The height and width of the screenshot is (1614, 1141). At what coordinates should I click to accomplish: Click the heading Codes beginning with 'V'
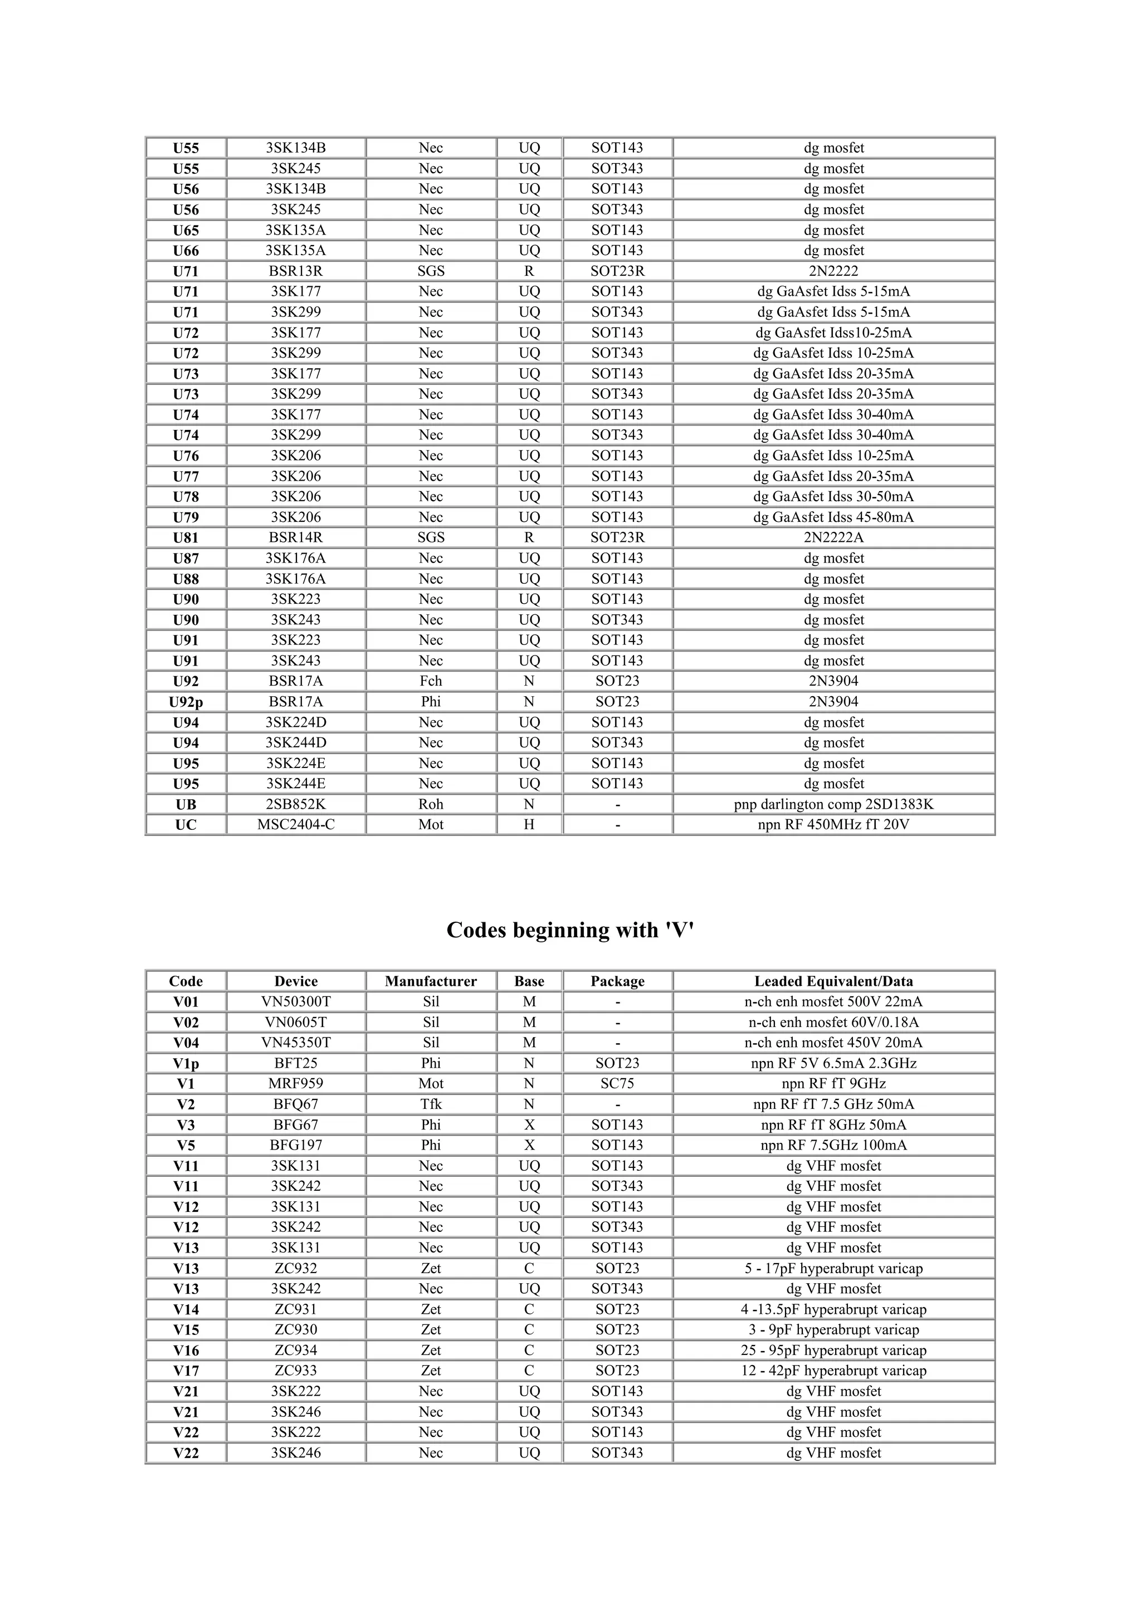point(570,930)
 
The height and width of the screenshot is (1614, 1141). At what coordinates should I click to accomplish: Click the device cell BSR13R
point(295,271)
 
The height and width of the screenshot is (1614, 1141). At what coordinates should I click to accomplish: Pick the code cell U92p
point(186,702)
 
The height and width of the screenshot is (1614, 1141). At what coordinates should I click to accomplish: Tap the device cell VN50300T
point(295,1002)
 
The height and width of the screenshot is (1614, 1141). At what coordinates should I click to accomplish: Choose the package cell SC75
point(617,1083)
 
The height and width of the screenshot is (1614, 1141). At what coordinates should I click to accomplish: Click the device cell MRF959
point(295,1083)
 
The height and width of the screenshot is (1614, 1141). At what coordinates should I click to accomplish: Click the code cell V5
point(186,1145)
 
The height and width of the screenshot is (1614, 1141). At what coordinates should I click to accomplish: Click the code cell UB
point(186,804)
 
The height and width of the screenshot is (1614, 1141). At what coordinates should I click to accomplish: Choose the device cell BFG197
point(295,1145)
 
